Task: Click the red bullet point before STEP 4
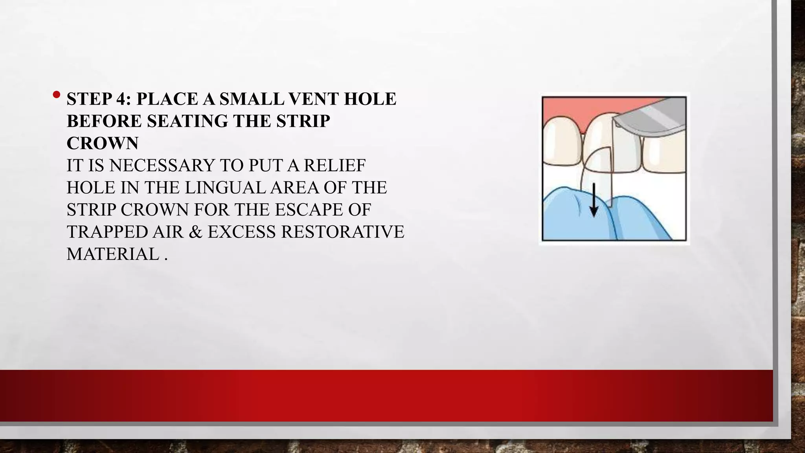tap(57, 95)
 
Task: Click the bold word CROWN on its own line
tap(102, 143)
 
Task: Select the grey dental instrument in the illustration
tap(652, 118)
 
